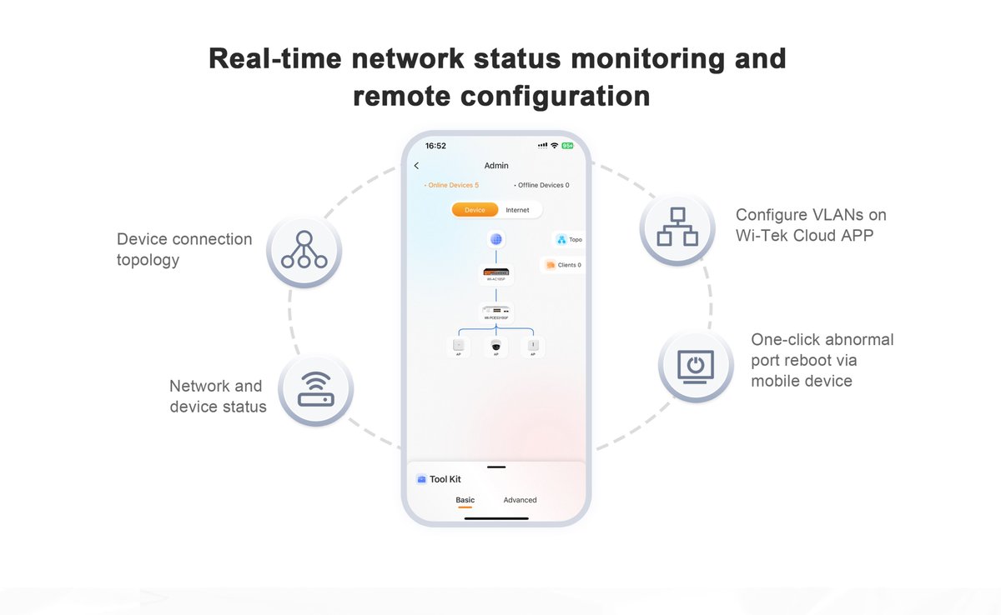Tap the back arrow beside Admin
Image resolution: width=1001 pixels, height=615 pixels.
point(417,166)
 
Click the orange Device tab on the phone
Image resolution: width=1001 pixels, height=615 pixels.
point(475,210)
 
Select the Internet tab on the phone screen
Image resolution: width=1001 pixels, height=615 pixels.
point(517,210)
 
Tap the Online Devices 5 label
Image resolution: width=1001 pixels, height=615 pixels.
point(451,185)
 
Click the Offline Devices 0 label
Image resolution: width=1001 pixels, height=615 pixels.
point(541,185)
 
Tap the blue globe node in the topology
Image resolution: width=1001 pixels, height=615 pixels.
point(496,240)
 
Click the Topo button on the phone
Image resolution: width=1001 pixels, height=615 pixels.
point(569,240)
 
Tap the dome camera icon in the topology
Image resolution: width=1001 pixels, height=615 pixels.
point(496,345)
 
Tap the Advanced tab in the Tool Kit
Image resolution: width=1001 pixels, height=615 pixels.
point(520,500)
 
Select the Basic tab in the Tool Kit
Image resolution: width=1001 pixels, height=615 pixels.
point(465,500)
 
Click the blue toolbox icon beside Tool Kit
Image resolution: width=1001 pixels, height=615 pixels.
point(421,479)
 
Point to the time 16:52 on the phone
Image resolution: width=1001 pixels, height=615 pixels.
point(435,146)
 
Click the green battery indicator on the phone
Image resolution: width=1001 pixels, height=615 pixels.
point(567,146)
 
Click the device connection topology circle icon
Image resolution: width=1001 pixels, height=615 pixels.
point(304,250)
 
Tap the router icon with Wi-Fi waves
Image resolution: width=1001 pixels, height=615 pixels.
point(315,390)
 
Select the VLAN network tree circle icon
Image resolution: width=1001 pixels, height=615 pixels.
point(677,227)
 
